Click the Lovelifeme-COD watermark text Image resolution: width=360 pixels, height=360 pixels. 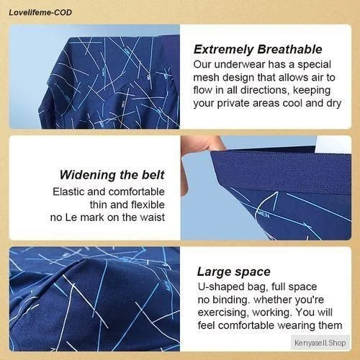40,12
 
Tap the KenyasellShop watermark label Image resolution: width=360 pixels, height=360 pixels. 320,343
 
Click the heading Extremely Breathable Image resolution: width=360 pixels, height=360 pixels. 258,49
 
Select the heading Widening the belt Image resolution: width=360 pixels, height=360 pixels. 112,175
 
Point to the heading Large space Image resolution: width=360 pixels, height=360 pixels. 234,272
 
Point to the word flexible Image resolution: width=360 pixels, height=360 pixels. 148,204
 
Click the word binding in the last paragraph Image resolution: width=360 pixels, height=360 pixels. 230,300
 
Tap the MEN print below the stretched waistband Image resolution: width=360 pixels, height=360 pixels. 264,214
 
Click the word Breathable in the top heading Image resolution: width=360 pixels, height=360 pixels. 289,49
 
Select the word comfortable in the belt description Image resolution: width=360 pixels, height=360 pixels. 137,192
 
